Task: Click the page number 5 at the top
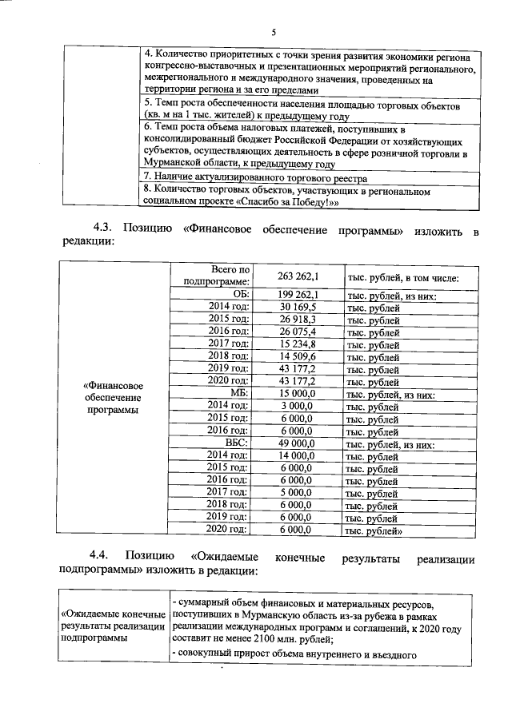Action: click(273, 33)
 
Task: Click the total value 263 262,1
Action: click(298, 276)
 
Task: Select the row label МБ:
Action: click(240, 395)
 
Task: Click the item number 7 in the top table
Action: click(147, 177)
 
